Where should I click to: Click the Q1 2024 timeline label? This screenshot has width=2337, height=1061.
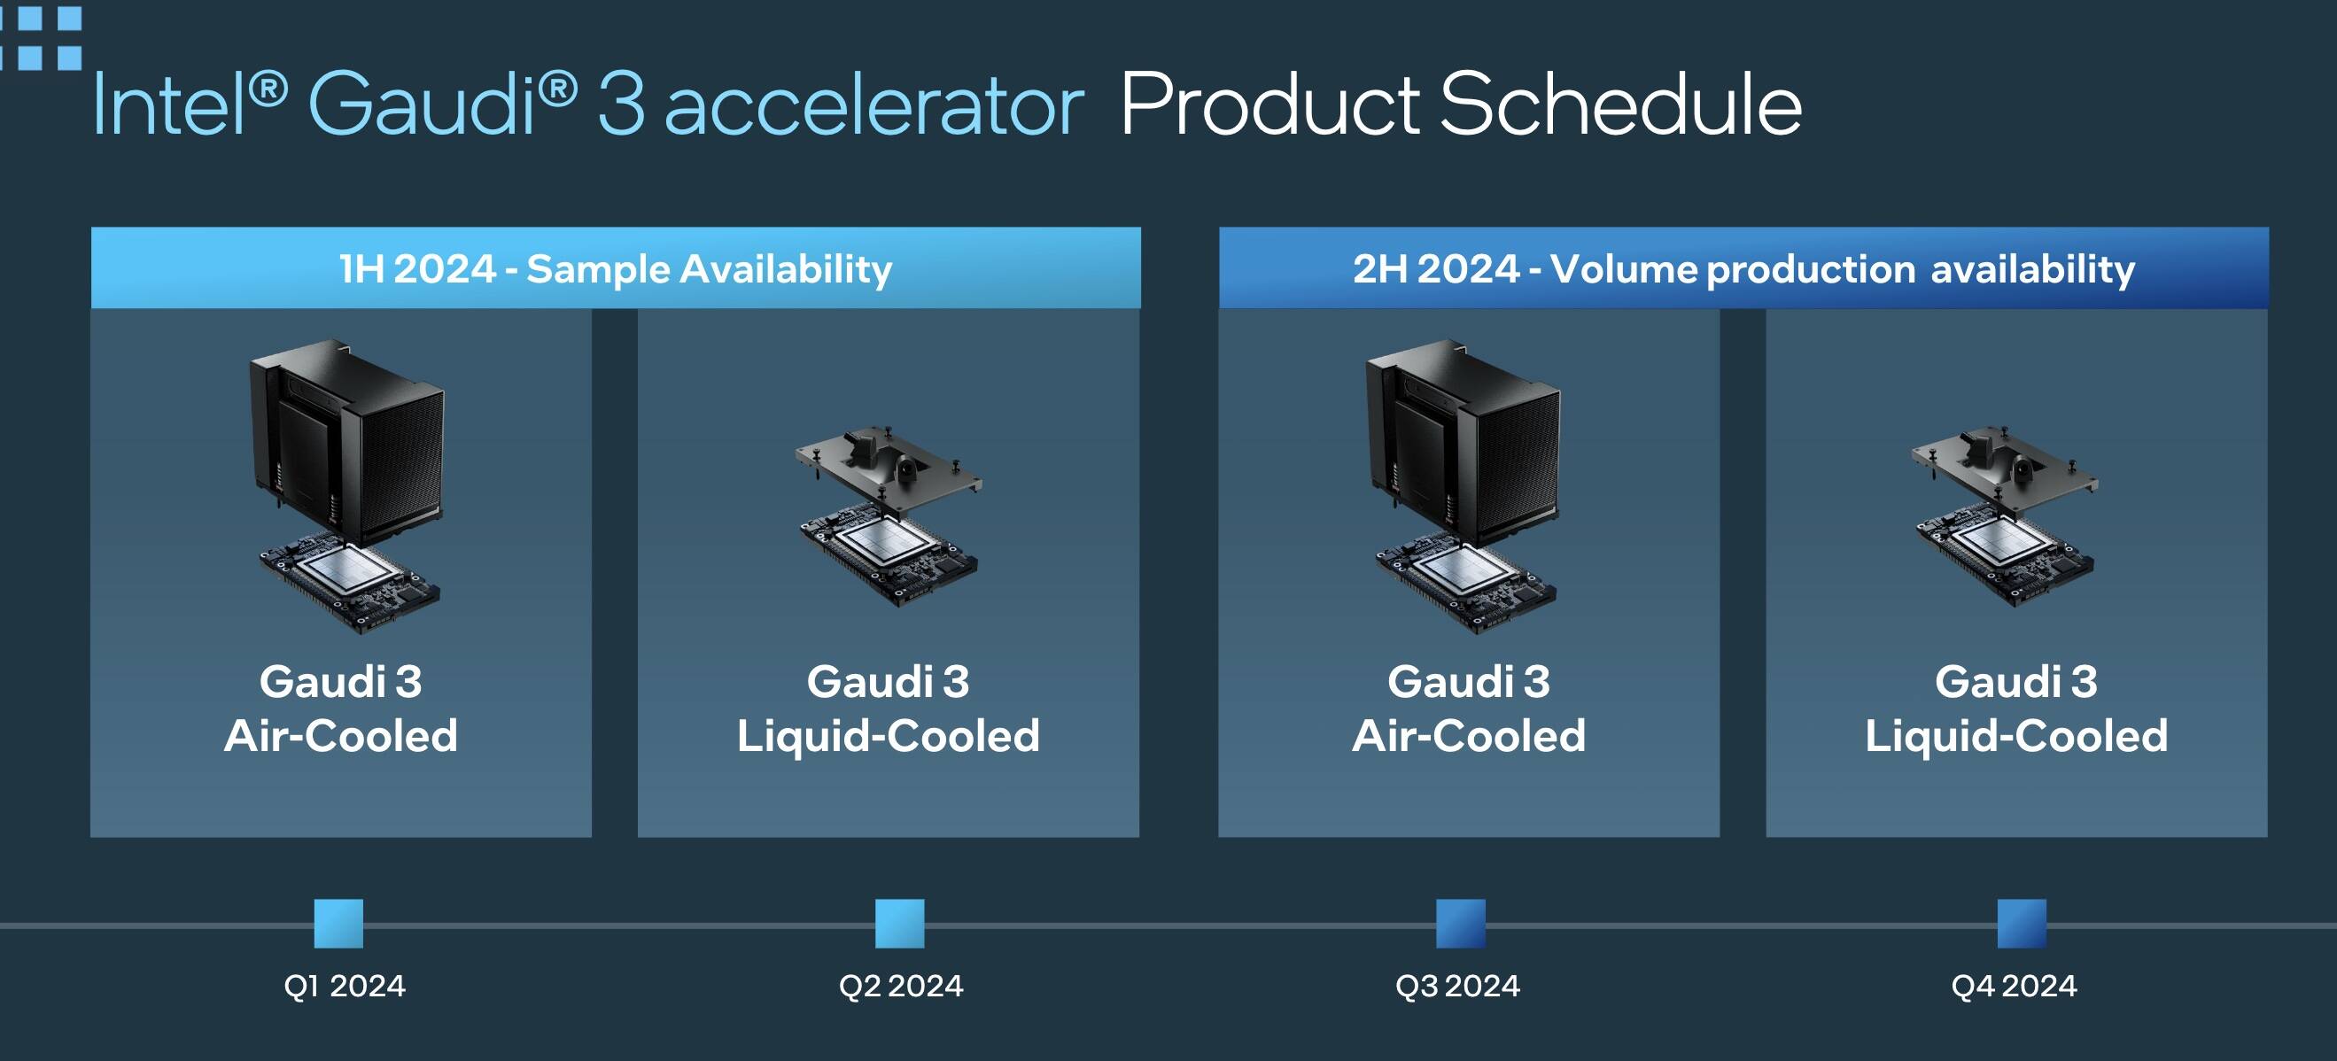click(x=345, y=986)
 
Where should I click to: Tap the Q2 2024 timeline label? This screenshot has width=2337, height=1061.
click(x=901, y=986)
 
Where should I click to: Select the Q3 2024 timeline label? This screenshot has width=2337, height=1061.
click(x=1458, y=986)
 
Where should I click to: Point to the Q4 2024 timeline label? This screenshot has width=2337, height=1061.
click(x=2014, y=986)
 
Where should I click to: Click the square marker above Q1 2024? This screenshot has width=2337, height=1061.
click(x=338, y=923)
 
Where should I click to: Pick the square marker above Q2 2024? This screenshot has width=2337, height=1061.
click(x=900, y=923)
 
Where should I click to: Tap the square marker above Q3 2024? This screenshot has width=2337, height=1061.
click(x=1461, y=923)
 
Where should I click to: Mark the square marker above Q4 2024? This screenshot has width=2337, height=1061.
click(x=2022, y=923)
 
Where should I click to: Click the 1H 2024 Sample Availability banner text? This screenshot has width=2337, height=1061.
click(x=616, y=269)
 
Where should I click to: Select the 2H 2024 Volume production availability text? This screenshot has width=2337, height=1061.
click(x=1743, y=269)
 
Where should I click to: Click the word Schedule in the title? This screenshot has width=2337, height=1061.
click(x=1620, y=105)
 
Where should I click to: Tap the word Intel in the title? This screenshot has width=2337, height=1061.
click(x=170, y=105)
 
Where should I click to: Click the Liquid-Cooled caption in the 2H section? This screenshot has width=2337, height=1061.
click(x=2015, y=735)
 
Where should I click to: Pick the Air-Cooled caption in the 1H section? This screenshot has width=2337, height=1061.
click(x=341, y=735)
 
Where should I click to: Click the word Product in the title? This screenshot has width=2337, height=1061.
click(x=1269, y=105)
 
